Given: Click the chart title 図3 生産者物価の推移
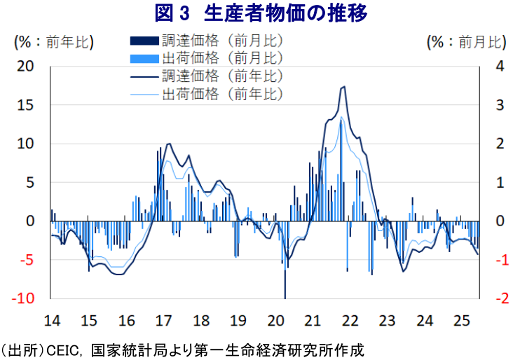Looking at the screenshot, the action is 261,13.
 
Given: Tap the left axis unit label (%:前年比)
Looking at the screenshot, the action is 54,42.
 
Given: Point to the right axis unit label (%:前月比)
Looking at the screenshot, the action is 467,42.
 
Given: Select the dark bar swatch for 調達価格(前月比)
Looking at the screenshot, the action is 144,41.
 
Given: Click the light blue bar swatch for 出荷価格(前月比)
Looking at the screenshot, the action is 144,59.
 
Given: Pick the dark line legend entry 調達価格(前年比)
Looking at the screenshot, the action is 207,76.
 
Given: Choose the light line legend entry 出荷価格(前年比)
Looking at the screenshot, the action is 207,95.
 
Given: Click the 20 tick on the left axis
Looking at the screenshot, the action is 25,67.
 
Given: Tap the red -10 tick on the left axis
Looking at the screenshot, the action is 23,298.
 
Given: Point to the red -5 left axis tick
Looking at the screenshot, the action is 27,260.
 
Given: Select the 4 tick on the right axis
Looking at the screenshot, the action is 500,67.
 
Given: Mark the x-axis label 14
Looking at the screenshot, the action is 53,321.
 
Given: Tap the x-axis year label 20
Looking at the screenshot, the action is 276,321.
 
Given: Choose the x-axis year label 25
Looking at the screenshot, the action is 462,321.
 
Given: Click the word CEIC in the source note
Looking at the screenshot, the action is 62,351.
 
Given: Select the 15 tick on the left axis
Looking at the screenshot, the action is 25,105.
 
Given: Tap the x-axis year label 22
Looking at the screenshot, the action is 350,321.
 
